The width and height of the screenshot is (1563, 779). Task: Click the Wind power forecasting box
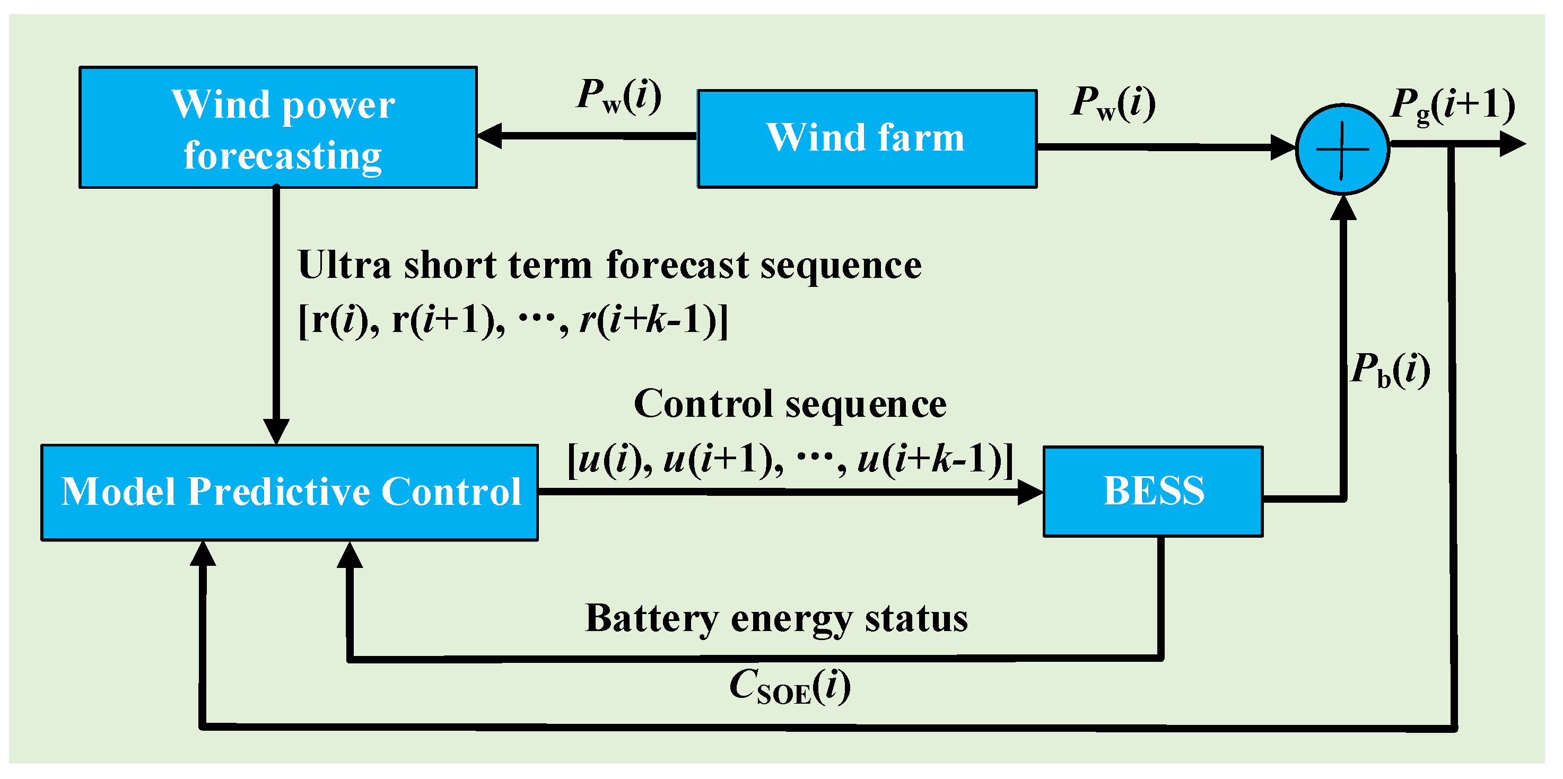(278, 127)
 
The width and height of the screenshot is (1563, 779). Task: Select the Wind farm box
(867, 139)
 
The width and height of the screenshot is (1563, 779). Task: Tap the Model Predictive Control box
(290, 493)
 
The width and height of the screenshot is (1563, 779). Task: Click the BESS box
(1154, 492)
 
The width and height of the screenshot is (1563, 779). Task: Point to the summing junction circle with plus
(1342, 149)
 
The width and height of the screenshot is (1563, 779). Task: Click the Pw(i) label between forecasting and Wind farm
(618, 96)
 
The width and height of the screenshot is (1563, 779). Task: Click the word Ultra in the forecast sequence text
(345, 265)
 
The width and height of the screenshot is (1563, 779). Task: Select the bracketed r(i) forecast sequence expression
(513, 320)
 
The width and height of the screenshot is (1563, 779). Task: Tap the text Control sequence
(790, 405)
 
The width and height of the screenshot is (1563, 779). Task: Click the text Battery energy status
(776, 619)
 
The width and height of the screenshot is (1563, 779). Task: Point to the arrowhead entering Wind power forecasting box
(489, 135)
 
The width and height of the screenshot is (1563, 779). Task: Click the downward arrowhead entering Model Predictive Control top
(276, 432)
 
